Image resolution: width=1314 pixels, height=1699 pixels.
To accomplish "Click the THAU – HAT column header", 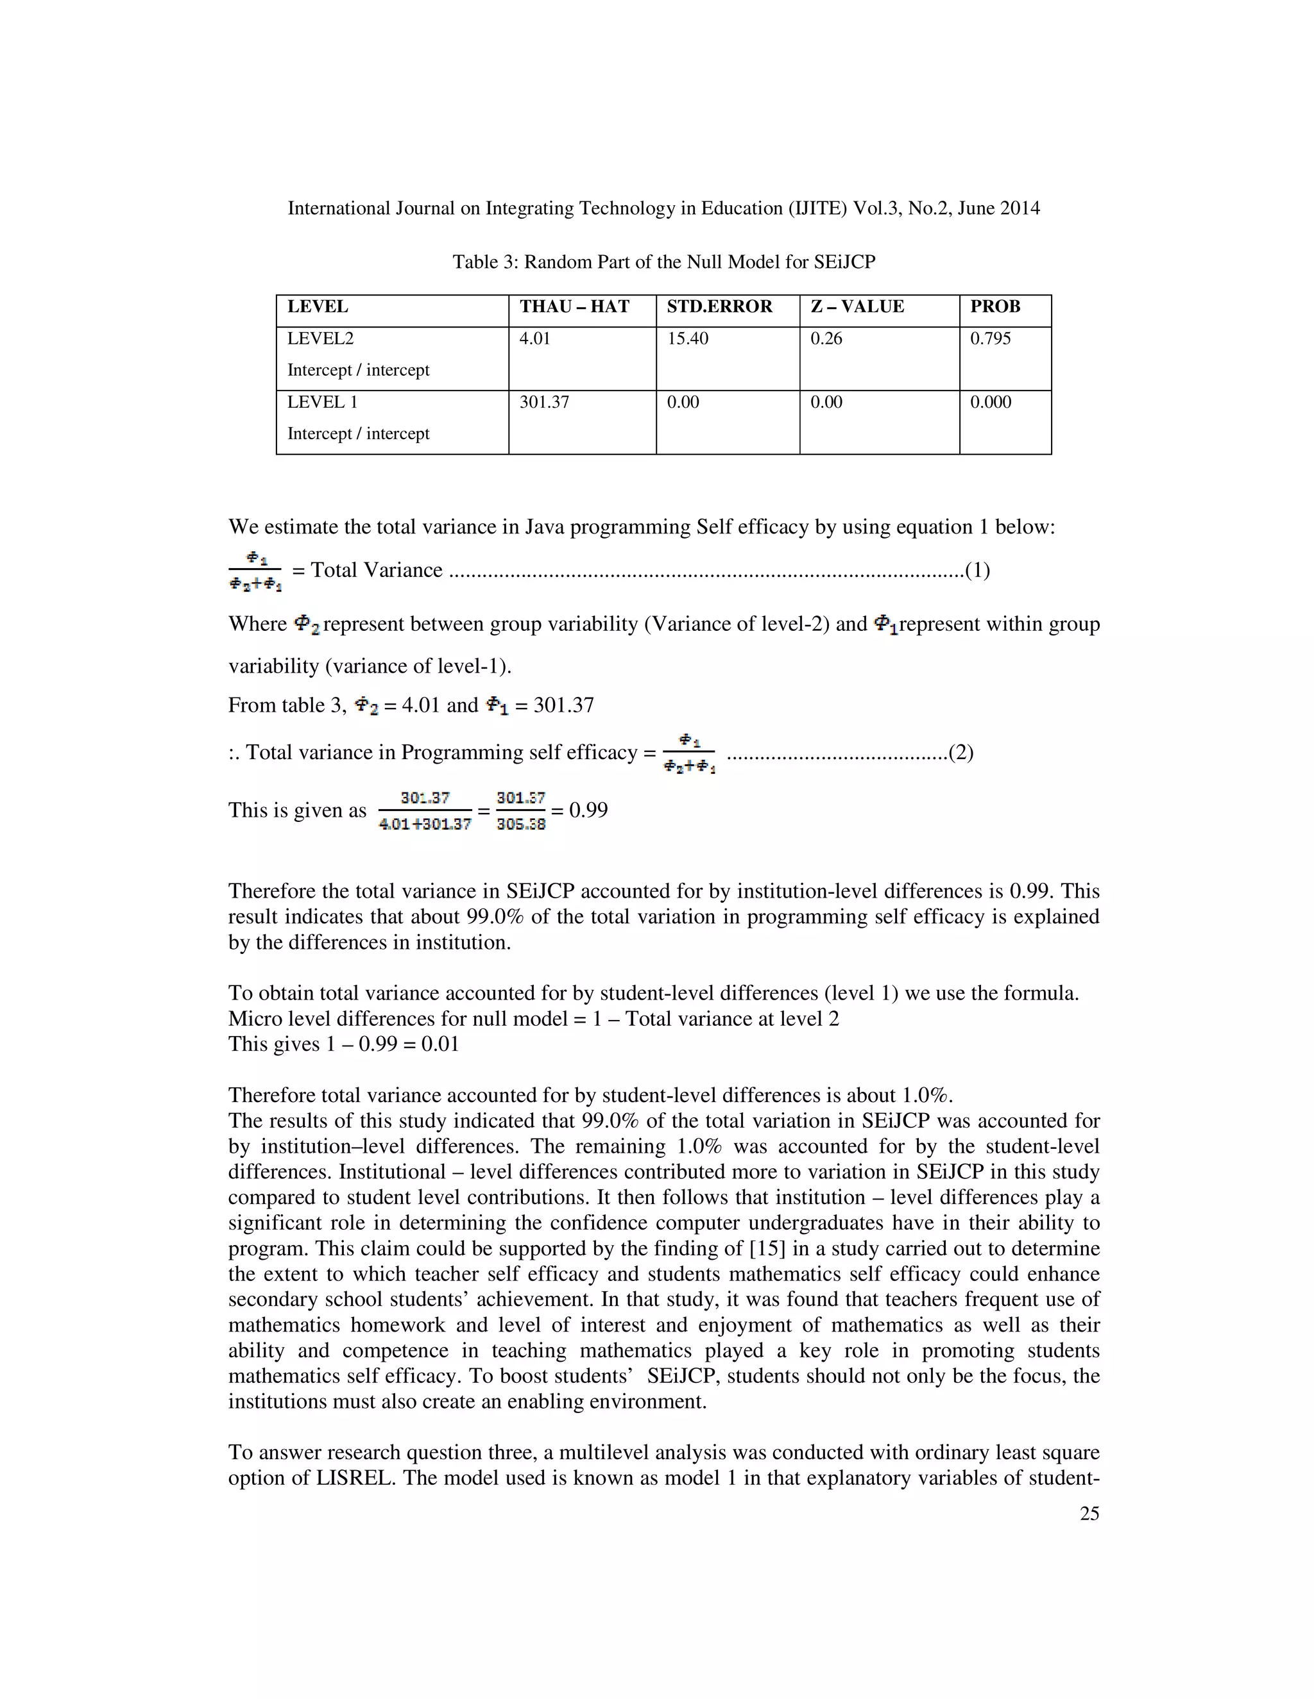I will [x=574, y=306].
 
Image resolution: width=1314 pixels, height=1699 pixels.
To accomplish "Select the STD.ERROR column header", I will [x=719, y=306].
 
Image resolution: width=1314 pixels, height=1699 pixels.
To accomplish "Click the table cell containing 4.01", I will [x=535, y=339].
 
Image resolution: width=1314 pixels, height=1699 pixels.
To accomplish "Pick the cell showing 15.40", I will [x=687, y=339].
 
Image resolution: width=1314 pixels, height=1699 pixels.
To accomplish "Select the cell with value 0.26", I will [x=826, y=339].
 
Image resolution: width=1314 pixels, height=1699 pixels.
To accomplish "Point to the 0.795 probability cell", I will [x=990, y=339].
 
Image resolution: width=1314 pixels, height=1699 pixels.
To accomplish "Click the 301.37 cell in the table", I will [x=544, y=402].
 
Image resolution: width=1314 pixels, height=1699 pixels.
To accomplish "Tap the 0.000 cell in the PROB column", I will [x=990, y=402].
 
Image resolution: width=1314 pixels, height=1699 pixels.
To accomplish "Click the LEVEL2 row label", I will [x=320, y=339].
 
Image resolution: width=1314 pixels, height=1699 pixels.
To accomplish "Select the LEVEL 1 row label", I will [x=322, y=402].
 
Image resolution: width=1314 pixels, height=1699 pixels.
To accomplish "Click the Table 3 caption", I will [x=663, y=262].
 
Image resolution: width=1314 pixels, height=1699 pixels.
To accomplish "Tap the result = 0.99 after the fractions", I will [x=580, y=810].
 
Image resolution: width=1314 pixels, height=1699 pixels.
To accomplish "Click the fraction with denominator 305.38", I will [x=521, y=810].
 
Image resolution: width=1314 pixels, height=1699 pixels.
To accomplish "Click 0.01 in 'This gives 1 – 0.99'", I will [x=439, y=1044].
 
